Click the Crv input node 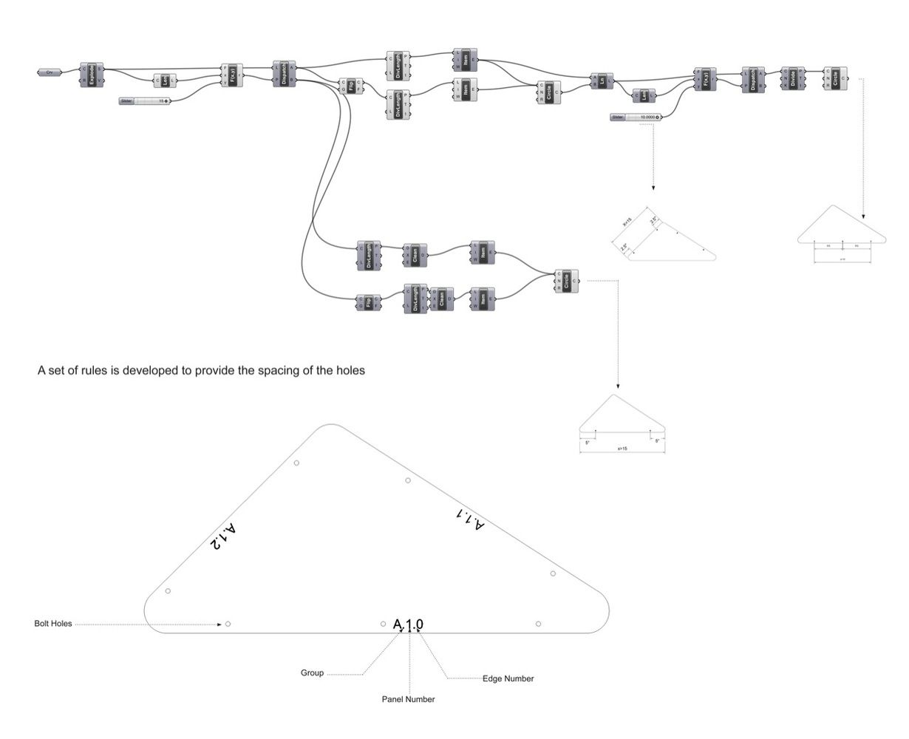click(x=49, y=72)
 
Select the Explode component click(x=92, y=75)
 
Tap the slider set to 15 click(x=145, y=101)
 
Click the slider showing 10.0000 click(x=636, y=117)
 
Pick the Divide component click(x=793, y=78)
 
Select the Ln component click(x=602, y=81)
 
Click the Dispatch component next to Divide click(x=753, y=80)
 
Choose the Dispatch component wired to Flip click(x=285, y=73)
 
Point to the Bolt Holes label click(x=53, y=624)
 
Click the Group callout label click(x=312, y=673)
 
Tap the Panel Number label click(x=408, y=699)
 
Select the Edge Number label click(x=508, y=678)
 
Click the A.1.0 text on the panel click(x=408, y=624)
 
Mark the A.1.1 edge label click(x=471, y=518)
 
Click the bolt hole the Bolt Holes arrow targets click(x=228, y=624)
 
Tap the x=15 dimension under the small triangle click(x=622, y=449)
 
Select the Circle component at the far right click(x=835, y=78)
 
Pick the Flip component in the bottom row click(x=367, y=303)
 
